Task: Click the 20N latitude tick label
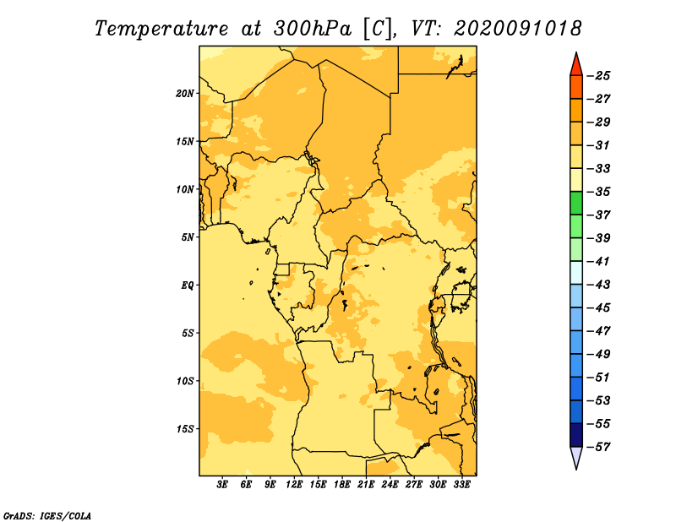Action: point(185,94)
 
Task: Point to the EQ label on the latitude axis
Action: point(187,285)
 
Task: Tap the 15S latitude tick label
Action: point(185,429)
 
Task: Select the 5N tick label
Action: point(188,237)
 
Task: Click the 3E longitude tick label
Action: point(222,485)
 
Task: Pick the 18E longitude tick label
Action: point(342,485)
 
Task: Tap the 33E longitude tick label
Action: point(461,485)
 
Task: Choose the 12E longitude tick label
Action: point(294,485)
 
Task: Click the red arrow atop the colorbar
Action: point(576,66)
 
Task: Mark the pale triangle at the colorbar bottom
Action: point(576,456)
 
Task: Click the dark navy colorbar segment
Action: point(576,435)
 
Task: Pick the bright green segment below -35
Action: point(576,204)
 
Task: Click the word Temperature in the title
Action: point(161,29)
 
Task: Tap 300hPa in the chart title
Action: point(312,29)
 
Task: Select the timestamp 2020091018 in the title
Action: point(518,29)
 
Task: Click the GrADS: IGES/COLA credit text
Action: point(47,516)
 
